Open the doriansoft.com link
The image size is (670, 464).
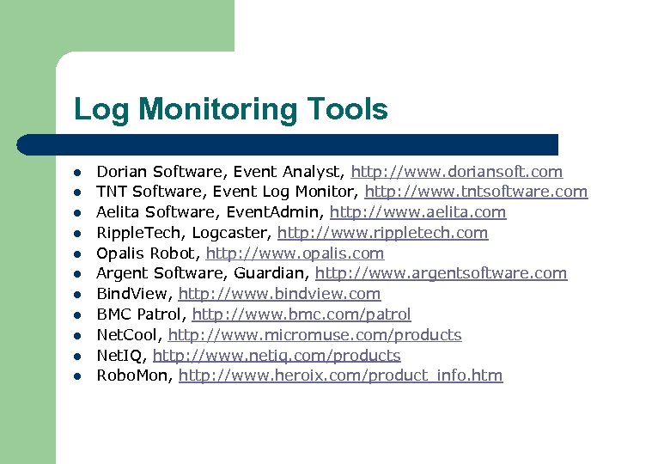click(x=457, y=172)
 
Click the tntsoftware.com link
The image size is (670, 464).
click(x=476, y=192)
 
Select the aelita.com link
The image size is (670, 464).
click(x=417, y=212)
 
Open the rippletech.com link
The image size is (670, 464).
click(x=382, y=233)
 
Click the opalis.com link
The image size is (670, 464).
click(x=295, y=253)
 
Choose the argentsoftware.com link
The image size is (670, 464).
click(x=441, y=273)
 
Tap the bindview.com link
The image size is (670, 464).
click(x=279, y=294)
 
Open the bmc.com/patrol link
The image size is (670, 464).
click(x=301, y=314)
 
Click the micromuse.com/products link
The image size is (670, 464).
click(x=314, y=335)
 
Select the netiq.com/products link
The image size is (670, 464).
click(x=277, y=356)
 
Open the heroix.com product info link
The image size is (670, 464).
click(x=340, y=375)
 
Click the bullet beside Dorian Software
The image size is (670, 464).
click(x=76, y=173)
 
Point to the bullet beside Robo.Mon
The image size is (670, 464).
click(x=76, y=376)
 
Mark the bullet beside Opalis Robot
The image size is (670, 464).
click(x=76, y=254)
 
